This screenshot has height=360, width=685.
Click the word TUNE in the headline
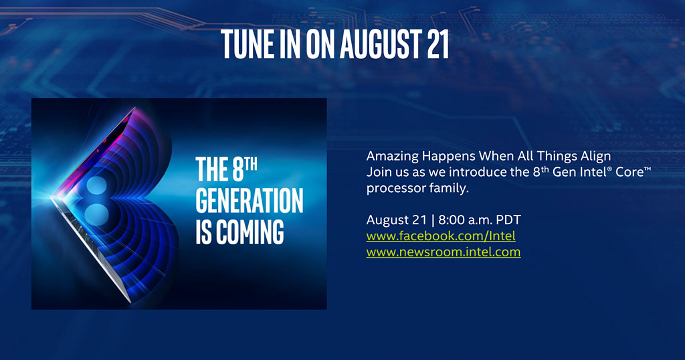click(x=248, y=44)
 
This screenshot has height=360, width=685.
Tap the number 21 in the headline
click(x=437, y=44)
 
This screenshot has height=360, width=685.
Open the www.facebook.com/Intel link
click(x=441, y=236)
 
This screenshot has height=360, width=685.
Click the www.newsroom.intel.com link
click(x=444, y=252)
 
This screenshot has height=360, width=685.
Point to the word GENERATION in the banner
click(x=250, y=201)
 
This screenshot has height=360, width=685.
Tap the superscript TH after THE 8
click(x=250, y=164)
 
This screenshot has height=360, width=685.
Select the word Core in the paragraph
click(x=629, y=172)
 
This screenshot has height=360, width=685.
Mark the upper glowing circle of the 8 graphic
click(x=97, y=185)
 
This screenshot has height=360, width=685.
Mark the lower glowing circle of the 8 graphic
click(x=96, y=215)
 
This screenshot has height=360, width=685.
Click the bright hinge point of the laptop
click(x=52, y=197)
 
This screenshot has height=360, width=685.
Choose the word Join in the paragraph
click(x=379, y=172)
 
